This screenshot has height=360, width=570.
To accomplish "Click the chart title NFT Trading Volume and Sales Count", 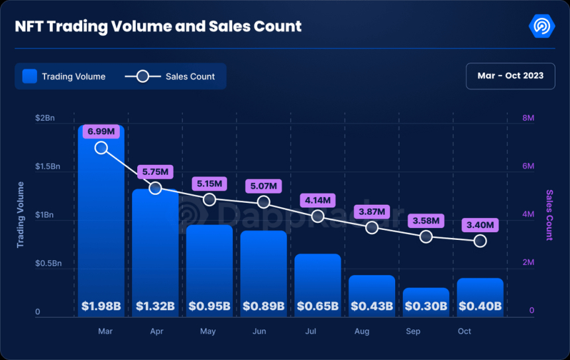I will [158, 27].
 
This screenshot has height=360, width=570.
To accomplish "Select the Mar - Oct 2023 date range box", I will [510, 76].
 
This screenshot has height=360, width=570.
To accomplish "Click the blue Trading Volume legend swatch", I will [29, 76].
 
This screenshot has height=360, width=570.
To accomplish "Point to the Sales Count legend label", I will [190, 76].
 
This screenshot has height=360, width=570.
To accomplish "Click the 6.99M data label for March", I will [101, 132].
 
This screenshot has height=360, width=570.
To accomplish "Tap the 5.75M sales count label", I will [155, 172].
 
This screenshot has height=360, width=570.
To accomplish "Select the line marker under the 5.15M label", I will [209, 200].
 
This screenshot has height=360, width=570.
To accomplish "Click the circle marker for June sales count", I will [264, 202].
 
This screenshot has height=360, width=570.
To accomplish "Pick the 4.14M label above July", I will [317, 200].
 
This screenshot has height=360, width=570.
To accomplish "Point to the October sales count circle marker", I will [481, 241].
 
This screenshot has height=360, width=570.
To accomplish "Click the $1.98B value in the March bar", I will [101, 306].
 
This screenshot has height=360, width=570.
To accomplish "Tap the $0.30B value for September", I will [426, 306].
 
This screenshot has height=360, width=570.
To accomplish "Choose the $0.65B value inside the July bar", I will [317, 306].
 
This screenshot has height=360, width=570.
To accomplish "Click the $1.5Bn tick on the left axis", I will [48, 166].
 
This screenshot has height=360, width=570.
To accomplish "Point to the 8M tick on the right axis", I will [528, 118].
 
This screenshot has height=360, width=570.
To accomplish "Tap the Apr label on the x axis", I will [156, 331].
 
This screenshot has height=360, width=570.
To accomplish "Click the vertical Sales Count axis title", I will [549, 215].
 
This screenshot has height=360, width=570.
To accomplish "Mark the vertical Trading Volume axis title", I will [21, 215].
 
